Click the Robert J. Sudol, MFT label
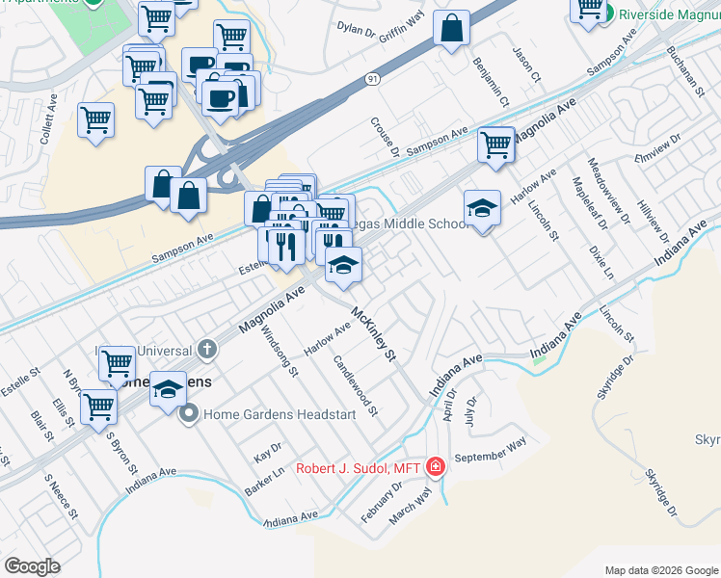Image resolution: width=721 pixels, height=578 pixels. click(x=360, y=468)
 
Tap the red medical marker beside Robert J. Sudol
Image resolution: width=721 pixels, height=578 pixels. click(x=436, y=468)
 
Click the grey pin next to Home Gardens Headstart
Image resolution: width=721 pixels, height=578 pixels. click(x=189, y=414)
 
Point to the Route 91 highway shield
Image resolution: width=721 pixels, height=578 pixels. click(x=372, y=80)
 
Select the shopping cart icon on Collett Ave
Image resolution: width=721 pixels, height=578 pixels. click(x=95, y=120)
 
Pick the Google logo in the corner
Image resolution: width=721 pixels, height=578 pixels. click(x=33, y=565)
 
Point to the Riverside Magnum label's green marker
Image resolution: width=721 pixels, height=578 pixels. click(x=608, y=13)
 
